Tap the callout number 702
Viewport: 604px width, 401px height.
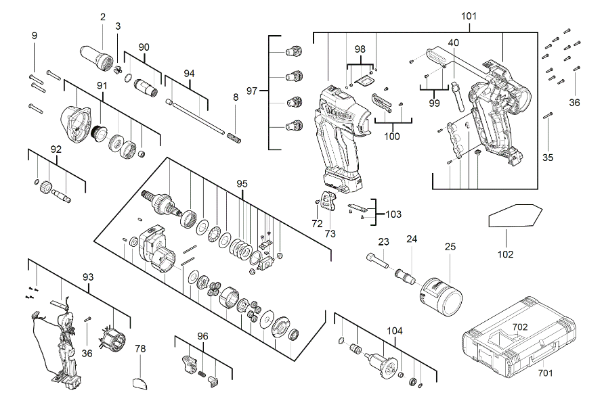click(x=519, y=327)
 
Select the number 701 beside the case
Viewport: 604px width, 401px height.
click(x=544, y=371)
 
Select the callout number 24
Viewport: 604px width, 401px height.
click(x=412, y=239)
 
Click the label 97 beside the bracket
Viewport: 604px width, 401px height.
click(x=252, y=91)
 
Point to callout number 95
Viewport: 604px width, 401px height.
click(x=242, y=183)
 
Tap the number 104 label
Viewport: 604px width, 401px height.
click(x=394, y=331)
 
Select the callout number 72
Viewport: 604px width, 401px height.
click(x=316, y=222)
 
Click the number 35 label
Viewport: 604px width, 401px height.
click(x=548, y=158)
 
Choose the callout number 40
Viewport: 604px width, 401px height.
click(x=453, y=42)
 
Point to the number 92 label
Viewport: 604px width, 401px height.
click(x=56, y=149)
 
